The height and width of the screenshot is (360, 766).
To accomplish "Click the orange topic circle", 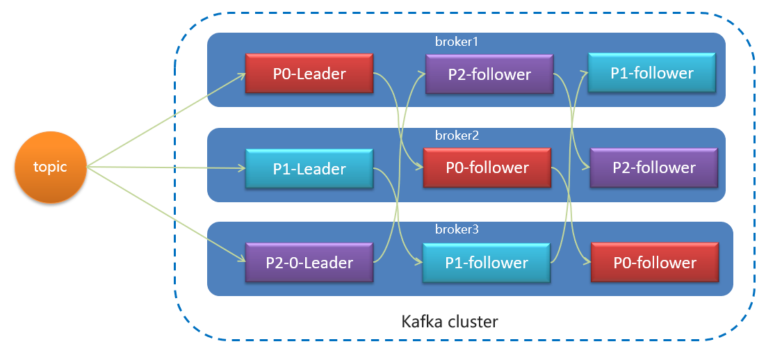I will pyautogui.click(x=50, y=167).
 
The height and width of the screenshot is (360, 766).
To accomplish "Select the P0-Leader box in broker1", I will pyautogui.click(x=310, y=73).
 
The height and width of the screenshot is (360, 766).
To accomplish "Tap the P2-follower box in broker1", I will pyautogui.click(x=489, y=74).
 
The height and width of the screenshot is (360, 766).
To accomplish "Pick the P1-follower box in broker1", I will pyautogui.click(x=652, y=72).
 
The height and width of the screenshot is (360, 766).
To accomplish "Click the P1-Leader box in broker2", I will pyautogui.click(x=309, y=168).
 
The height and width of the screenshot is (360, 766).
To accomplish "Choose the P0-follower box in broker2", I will pyautogui.click(x=487, y=167).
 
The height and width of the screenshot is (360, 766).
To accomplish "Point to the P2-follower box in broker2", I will pyautogui.click(x=653, y=167).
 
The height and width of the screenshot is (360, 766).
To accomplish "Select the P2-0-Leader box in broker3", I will pyautogui.click(x=309, y=263).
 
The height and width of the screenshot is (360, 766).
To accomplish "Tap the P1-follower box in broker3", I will pyautogui.click(x=487, y=263).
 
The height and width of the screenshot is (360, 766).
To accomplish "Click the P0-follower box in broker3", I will pyautogui.click(x=654, y=262).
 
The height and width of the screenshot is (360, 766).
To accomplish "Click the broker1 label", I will pyautogui.click(x=457, y=42).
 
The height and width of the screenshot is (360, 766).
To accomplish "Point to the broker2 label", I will pyautogui.click(x=457, y=136).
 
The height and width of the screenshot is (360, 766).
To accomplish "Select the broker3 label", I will pyautogui.click(x=457, y=229).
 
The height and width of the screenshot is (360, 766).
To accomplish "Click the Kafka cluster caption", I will pyautogui.click(x=450, y=322).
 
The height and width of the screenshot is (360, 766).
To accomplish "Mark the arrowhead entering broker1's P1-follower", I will pyautogui.click(x=585, y=72).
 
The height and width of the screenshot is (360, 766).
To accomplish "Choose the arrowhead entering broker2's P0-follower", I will pyautogui.click(x=420, y=167).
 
